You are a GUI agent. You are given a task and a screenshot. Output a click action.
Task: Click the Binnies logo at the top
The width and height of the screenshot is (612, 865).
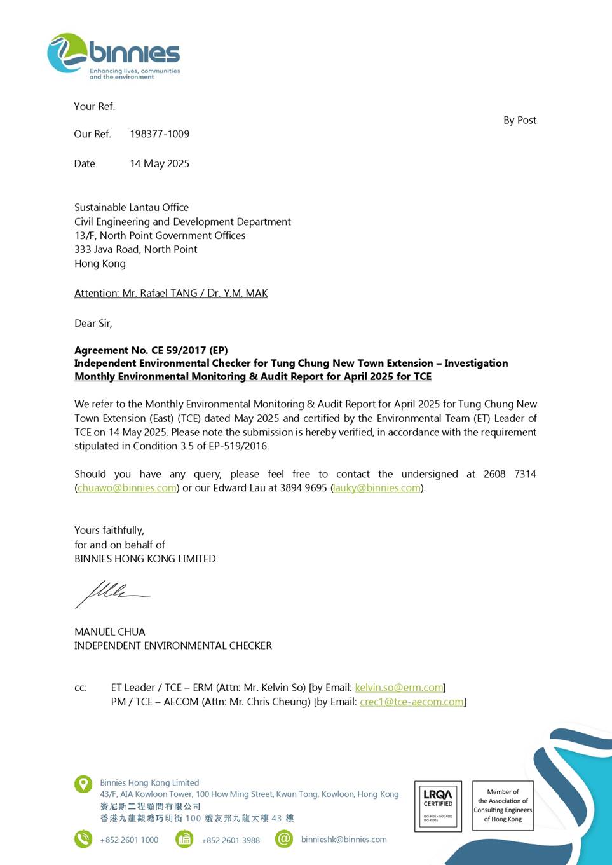(114, 56)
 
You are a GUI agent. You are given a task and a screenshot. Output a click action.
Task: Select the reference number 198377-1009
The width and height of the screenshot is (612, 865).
(160, 134)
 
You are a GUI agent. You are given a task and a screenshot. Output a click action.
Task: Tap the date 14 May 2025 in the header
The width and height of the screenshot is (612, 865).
(160, 164)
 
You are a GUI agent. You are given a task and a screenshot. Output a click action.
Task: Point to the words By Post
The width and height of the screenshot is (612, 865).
(519, 121)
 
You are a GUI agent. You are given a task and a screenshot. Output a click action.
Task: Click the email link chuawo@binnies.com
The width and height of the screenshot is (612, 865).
(127, 488)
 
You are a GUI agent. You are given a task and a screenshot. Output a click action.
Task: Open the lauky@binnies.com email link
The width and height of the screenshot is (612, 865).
(377, 488)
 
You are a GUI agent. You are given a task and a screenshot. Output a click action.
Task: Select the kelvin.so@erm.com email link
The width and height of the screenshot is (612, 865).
(399, 688)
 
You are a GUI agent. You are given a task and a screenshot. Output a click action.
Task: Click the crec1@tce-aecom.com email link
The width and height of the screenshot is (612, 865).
(412, 702)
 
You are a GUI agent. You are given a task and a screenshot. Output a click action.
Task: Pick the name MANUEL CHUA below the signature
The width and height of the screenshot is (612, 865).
(110, 632)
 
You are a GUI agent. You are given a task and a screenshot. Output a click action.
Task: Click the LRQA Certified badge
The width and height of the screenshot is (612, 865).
(438, 806)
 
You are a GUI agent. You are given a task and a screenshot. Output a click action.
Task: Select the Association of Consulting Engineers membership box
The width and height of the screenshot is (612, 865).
(503, 806)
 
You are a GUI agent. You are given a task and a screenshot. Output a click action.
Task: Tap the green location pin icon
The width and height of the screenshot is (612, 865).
(83, 784)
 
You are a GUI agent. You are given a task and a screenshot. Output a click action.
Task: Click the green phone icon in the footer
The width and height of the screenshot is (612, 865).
(83, 839)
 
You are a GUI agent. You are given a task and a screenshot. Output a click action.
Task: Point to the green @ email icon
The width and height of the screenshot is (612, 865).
(284, 839)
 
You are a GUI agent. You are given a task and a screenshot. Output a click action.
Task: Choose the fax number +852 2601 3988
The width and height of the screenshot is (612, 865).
(231, 840)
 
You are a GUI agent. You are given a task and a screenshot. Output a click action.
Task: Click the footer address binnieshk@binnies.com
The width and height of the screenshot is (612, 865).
(344, 840)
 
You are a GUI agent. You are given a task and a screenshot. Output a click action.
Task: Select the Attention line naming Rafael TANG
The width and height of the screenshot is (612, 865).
(171, 294)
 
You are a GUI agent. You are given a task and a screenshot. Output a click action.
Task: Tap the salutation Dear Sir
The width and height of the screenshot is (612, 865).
(93, 324)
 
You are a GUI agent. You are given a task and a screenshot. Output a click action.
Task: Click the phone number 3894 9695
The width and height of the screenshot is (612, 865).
(306, 488)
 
